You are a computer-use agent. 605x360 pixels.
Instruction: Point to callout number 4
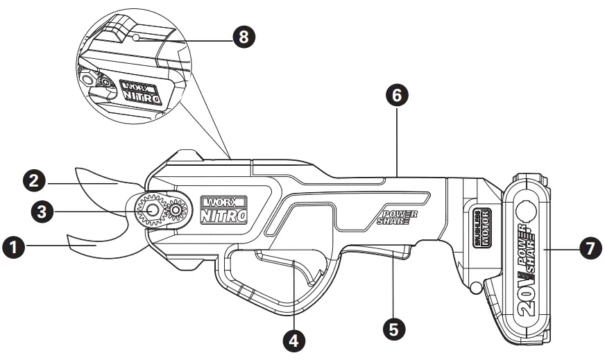[293, 340]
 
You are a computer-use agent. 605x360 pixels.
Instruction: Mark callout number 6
[396, 96]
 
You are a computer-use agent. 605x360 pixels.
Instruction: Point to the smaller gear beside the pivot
[176, 210]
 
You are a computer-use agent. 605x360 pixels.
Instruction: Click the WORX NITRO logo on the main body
[223, 209]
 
